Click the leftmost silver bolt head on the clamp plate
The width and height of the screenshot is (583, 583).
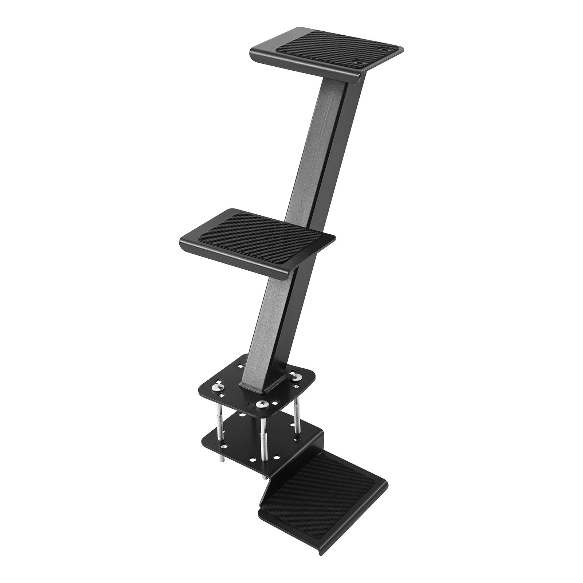tap(219, 386)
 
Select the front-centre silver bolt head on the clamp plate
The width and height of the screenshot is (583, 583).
tap(262, 404)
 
